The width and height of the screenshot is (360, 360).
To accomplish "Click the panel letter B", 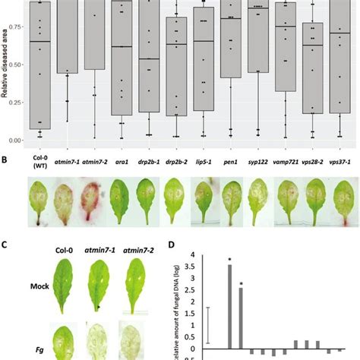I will tap(5, 161).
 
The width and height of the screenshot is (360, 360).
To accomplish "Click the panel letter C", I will tap(5, 245).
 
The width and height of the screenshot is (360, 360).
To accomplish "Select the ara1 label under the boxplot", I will tap(122, 161).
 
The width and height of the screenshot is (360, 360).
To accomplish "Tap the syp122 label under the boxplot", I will tap(258, 161).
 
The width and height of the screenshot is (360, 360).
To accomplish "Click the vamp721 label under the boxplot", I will tap(288, 161).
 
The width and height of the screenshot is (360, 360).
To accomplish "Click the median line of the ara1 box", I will tap(122, 47).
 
